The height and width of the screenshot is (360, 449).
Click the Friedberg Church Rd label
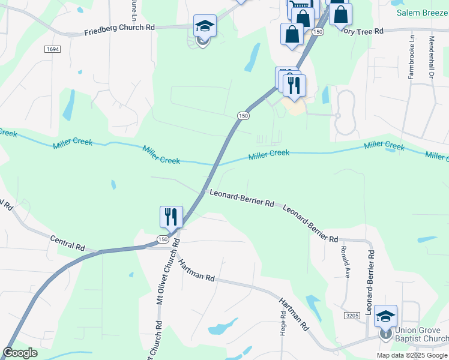click(x=119, y=29)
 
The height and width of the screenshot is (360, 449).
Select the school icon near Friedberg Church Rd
click(x=205, y=27)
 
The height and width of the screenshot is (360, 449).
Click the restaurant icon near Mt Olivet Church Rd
click(x=170, y=216)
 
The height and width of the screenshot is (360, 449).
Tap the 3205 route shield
click(x=352, y=315)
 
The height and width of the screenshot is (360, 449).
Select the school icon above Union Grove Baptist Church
click(x=385, y=316)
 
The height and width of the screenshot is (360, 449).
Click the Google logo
click(x=20, y=353)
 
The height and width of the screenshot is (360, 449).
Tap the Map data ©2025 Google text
click(x=412, y=355)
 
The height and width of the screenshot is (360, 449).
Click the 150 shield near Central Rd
click(x=163, y=239)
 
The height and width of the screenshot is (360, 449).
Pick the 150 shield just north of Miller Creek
click(x=243, y=116)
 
